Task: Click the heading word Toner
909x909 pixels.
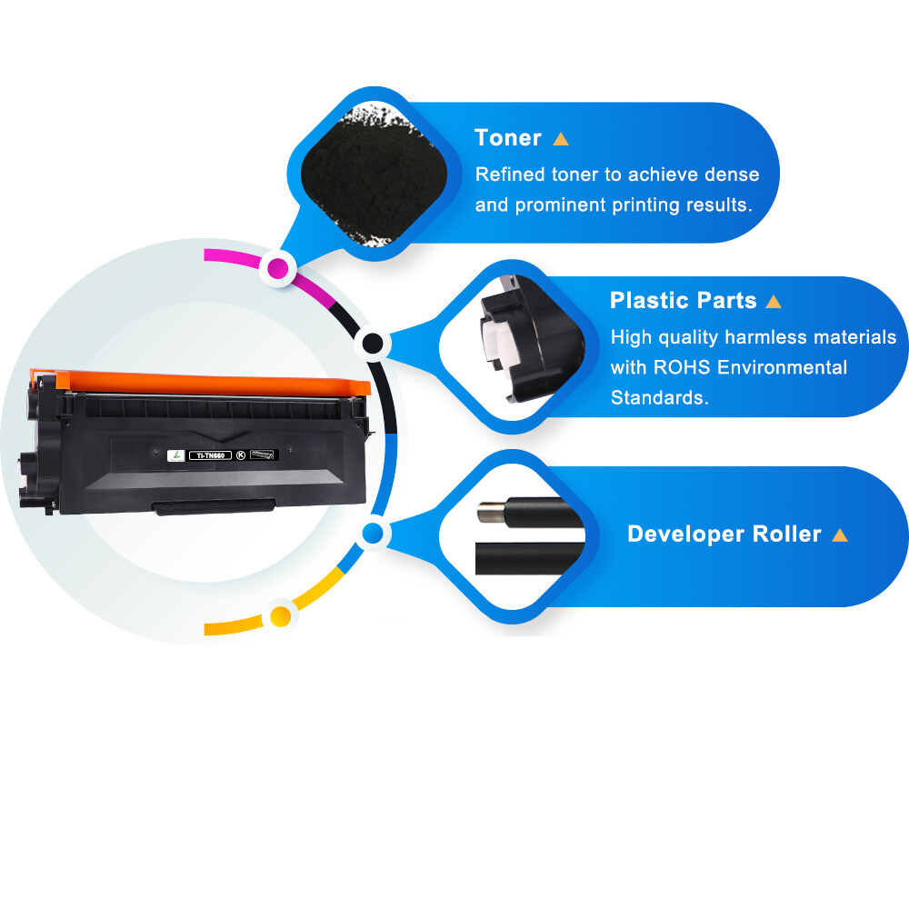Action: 508,138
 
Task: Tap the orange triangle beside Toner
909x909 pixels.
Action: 561,139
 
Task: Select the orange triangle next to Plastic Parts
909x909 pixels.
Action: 774,301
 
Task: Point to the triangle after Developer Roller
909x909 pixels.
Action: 840,534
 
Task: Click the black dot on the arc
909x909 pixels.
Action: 372,344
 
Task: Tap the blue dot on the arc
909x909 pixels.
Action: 371,534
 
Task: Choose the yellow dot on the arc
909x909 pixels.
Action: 281,616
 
